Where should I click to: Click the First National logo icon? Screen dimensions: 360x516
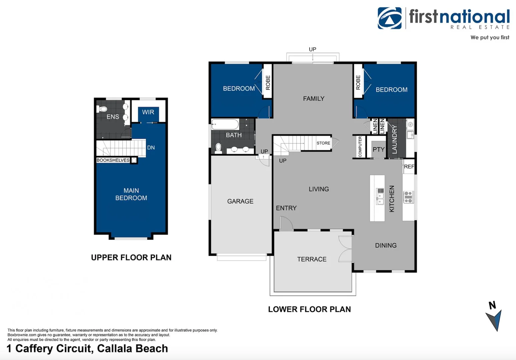coord(389,18)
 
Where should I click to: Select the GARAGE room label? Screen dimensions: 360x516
coord(240,201)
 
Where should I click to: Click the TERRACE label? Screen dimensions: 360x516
coord(312,259)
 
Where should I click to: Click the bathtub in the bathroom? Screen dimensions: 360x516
coord(225,125)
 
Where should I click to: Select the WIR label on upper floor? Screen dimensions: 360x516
coord(148,112)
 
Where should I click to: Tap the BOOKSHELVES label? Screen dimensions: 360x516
coord(113,160)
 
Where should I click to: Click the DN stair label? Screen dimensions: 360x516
coord(151,148)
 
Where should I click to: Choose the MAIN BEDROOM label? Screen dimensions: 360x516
coord(131,194)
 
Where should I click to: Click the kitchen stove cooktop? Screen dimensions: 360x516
coord(408,197)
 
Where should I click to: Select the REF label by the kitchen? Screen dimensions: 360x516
coord(409,167)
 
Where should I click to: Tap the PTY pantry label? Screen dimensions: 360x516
coord(379,150)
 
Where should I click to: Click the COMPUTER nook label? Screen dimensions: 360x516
coord(360,147)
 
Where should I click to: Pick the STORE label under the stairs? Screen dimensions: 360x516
coord(323,143)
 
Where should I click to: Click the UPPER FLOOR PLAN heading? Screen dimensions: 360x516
coord(131,258)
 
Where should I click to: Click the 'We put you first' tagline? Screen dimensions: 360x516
coord(490,37)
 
